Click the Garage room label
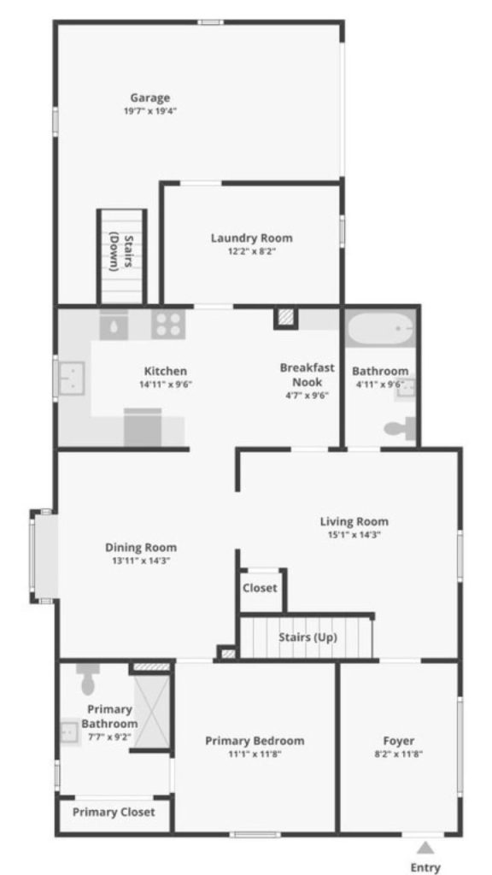(149, 97)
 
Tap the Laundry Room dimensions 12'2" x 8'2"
(251, 251)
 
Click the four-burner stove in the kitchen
(167, 324)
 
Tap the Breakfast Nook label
(307, 374)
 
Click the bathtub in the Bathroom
(380, 327)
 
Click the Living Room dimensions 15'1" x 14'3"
(354, 534)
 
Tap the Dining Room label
(140, 548)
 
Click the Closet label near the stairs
(260, 588)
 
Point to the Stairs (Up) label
(307, 637)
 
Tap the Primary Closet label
(114, 812)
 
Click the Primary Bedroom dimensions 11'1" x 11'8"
(254, 754)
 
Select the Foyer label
(399, 741)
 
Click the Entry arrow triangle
(425, 848)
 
